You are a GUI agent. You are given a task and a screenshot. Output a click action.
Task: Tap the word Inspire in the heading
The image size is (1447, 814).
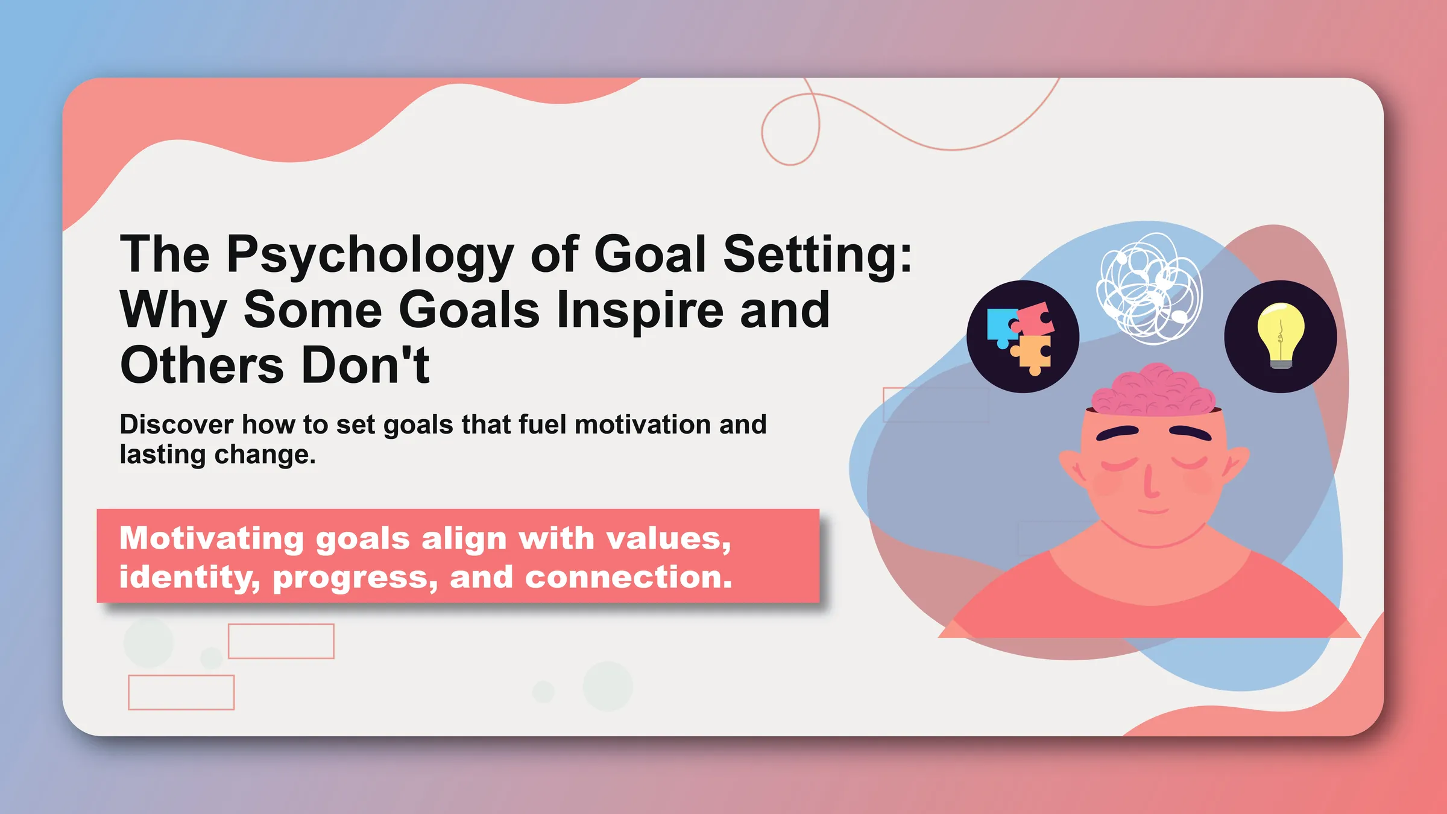639,310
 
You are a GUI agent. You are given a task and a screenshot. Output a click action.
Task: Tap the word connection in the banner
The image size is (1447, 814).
628,577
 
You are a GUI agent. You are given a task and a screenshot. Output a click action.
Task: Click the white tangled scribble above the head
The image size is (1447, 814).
1149,288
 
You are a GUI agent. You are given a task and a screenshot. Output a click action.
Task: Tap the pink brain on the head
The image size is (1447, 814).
1153,391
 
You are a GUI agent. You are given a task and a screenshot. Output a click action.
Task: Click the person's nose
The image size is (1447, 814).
1150,482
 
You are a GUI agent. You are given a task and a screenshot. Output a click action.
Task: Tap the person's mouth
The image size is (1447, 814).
1153,511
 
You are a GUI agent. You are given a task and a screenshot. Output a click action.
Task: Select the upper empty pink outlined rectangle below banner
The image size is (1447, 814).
281,641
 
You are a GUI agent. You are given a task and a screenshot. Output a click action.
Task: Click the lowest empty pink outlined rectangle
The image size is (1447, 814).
181,692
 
